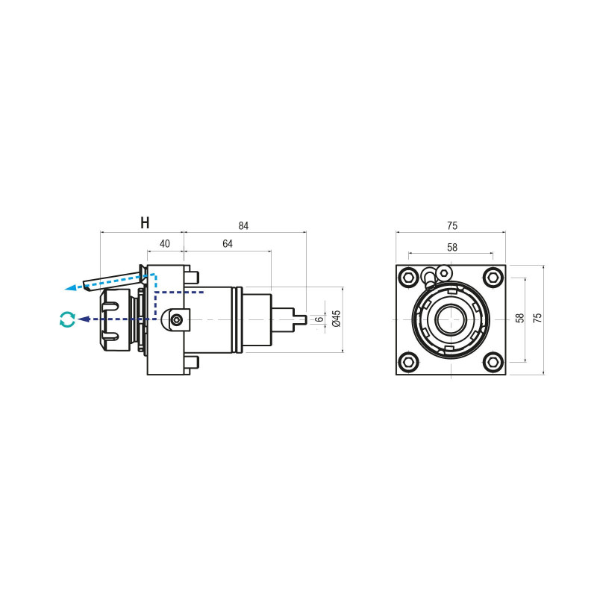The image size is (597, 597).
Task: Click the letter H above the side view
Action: (145, 223)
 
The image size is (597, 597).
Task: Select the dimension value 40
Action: (165, 244)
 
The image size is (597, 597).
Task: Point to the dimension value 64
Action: (228, 244)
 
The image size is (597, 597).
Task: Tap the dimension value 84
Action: (244, 225)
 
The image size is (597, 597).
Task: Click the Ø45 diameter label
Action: (336, 319)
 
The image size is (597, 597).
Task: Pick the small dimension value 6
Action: (319, 319)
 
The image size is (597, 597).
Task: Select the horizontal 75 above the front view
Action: (451, 225)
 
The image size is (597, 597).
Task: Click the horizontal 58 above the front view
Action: (451, 247)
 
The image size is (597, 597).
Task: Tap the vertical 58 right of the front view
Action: (520, 318)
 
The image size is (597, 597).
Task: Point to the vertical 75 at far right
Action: (538, 318)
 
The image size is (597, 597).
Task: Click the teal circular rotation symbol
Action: (67, 319)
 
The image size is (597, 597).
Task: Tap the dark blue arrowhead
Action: (84, 319)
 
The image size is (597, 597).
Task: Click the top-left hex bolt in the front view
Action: (408, 278)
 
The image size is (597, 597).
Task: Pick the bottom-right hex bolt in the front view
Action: (493, 362)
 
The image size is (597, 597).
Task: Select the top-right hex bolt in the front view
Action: (493, 278)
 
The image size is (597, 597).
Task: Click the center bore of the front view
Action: (451, 320)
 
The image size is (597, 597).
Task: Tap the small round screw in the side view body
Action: (176, 320)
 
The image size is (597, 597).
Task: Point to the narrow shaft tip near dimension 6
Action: (300, 319)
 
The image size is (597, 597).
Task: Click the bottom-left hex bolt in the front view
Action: (408, 362)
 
